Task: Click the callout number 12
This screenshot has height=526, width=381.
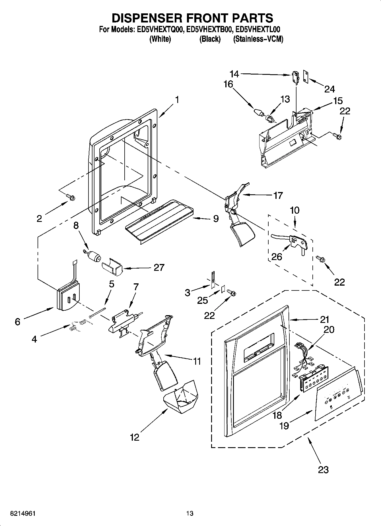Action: (x=135, y=437)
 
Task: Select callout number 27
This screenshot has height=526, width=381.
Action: (x=159, y=267)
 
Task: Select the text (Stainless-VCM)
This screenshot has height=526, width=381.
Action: (x=258, y=39)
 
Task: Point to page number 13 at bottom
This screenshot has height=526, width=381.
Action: (x=190, y=513)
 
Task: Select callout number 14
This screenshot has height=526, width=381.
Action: (x=234, y=74)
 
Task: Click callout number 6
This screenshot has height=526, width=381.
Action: (x=18, y=322)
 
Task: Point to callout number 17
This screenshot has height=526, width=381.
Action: (x=278, y=195)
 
